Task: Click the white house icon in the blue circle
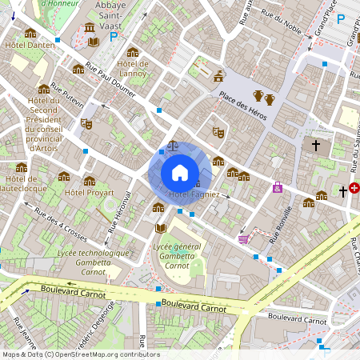click(180, 172)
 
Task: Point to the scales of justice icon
click(174, 147)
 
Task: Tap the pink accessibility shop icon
click(278, 187)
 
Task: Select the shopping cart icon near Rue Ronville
click(244, 238)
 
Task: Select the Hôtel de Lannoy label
click(133, 69)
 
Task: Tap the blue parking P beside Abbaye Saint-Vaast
click(114, 36)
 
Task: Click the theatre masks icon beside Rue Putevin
click(86, 124)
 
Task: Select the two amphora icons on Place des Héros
click(264, 98)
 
